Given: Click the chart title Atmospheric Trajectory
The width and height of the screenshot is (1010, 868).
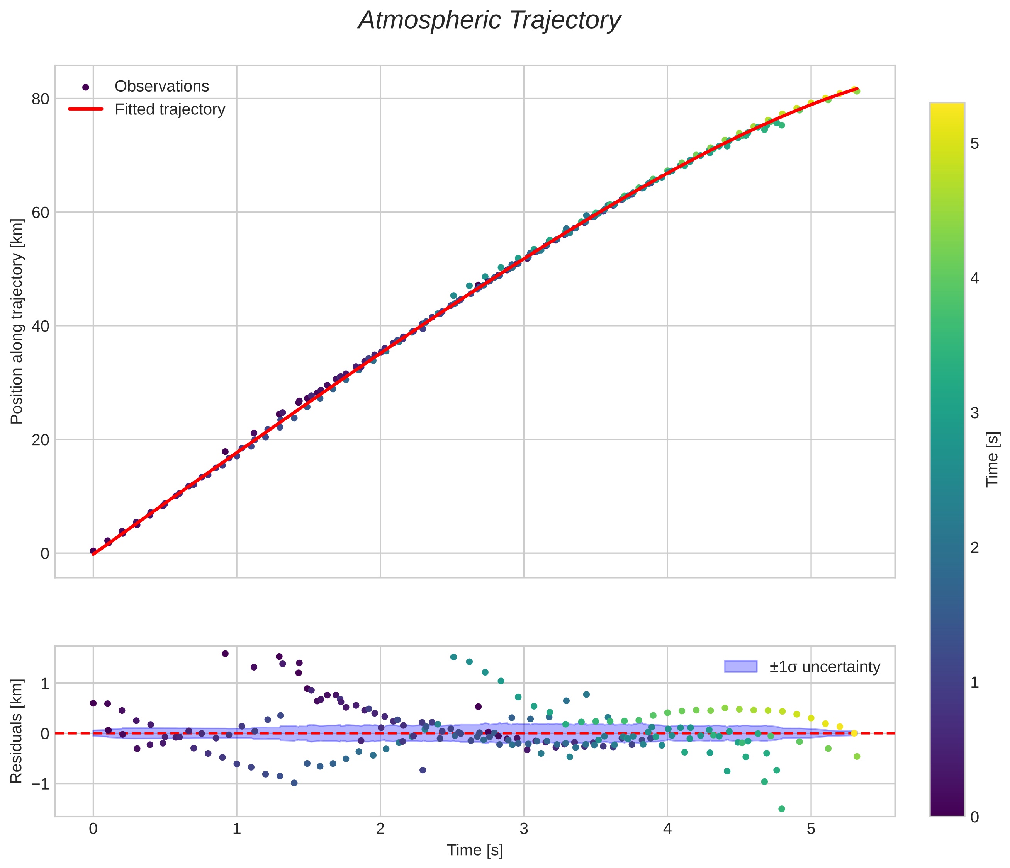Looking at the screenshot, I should [489, 20].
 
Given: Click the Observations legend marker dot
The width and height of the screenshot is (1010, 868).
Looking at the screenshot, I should [86, 87].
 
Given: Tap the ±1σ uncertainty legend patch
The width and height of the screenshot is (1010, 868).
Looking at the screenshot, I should [740, 666].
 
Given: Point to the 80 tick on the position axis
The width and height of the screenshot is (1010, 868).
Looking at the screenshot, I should [41, 99].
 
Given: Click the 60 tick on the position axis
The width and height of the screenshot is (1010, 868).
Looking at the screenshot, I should [41, 213].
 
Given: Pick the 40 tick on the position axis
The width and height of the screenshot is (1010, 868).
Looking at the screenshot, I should [41, 326].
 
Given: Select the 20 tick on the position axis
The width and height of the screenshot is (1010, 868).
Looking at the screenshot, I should [41, 440].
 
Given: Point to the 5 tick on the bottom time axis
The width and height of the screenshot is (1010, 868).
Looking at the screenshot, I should [811, 829].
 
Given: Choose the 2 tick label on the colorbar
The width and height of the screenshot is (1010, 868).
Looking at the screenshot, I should [974, 548].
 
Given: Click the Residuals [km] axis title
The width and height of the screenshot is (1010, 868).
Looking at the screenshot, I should [17, 732].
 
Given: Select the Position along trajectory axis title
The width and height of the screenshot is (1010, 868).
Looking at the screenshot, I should [17, 322].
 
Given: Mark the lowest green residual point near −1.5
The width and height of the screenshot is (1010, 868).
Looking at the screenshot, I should [782, 809].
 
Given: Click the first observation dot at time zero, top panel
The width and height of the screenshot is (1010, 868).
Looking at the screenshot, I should [93, 551].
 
